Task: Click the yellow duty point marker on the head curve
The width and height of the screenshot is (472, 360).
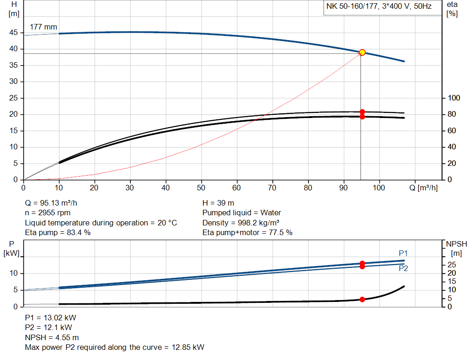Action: tap(362, 53)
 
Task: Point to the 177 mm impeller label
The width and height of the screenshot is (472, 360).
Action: tap(43, 27)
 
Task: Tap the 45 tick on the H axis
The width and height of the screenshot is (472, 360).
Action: tap(14, 33)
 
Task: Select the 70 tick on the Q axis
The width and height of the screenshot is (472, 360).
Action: tap(272, 188)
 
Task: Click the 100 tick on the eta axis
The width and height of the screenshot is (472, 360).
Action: tap(454, 98)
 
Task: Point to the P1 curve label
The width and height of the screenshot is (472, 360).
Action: tap(403, 253)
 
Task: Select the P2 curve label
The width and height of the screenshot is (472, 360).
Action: tap(403, 268)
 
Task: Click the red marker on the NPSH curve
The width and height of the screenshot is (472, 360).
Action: tap(362, 300)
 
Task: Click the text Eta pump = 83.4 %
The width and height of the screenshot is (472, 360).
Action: tap(58, 232)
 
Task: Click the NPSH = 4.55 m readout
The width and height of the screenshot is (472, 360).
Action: tap(52, 337)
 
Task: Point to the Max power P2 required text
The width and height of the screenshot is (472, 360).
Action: tap(114, 347)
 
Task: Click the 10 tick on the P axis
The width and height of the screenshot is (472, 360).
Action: tap(14, 273)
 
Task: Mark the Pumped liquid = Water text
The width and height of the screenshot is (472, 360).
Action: tap(242, 212)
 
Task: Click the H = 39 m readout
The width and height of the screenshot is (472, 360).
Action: tap(218, 203)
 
